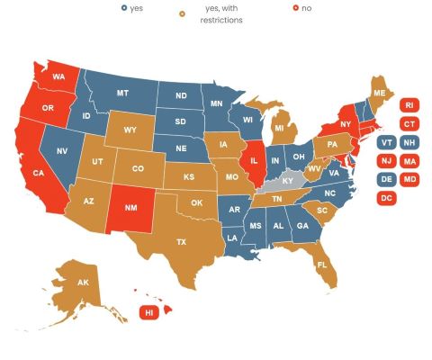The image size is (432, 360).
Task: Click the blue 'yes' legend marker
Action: [x=124, y=8]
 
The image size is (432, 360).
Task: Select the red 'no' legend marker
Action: [x=294, y=8]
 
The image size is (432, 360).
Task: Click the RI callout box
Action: [x=409, y=104]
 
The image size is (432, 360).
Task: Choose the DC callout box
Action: [x=387, y=198]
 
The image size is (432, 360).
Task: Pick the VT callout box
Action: [x=387, y=142]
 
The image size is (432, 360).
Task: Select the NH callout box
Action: [x=409, y=142]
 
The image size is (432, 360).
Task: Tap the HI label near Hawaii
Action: [x=148, y=312]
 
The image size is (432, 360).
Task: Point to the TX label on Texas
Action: [x=181, y=242]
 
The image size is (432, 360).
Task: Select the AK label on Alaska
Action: [x=83, y=283]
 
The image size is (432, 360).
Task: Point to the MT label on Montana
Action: [x=123, y=93]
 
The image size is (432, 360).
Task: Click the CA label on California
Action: [x=39, y=173]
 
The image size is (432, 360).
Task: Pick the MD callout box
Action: [x=409, y=179]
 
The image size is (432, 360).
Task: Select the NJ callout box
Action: [x=387, y=161]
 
